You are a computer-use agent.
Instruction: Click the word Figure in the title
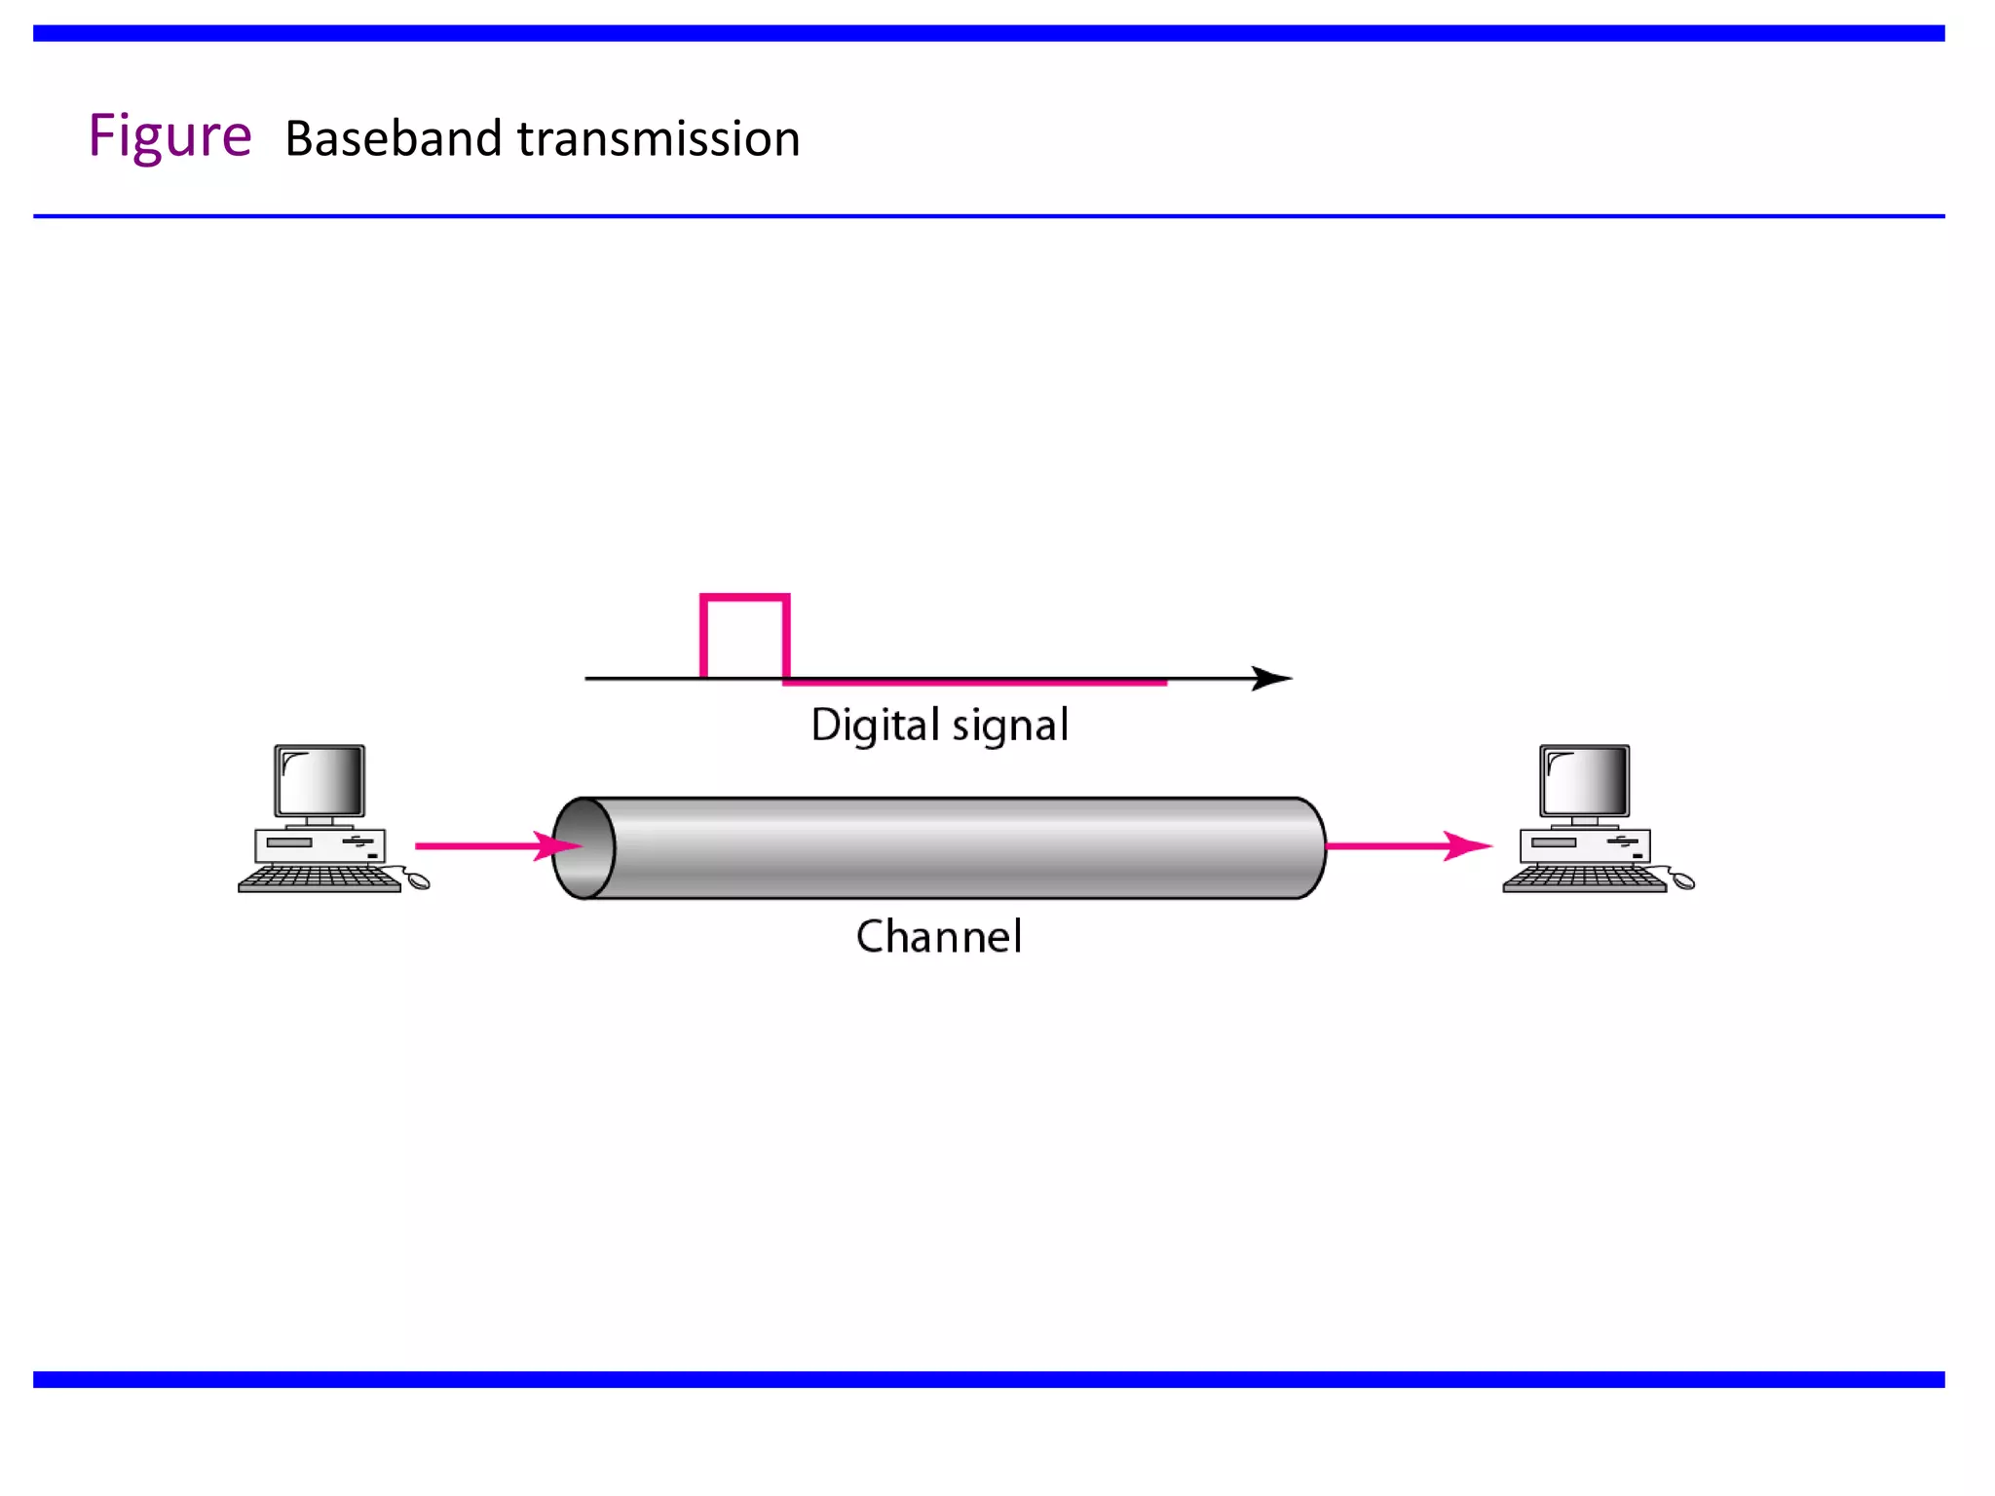pos(169,136)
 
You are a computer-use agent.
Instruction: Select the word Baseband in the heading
pos(394,138)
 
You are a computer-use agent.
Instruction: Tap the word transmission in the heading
pos(659,138)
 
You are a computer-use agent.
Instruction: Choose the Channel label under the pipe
pos(939,937)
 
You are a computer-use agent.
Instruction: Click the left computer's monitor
pos(320,781)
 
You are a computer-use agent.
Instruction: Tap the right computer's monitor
pos(1584,781)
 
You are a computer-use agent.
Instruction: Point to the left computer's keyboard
pos(320,879)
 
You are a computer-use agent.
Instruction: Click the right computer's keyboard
pos(1584,879)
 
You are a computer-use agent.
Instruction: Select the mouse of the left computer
pos(418,881)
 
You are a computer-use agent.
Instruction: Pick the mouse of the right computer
pos(1682,881)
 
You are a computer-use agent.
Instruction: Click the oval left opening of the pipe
pos(583,847)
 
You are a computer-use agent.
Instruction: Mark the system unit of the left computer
pos(320,844)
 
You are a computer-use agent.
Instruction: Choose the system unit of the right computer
pos(1584,844)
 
